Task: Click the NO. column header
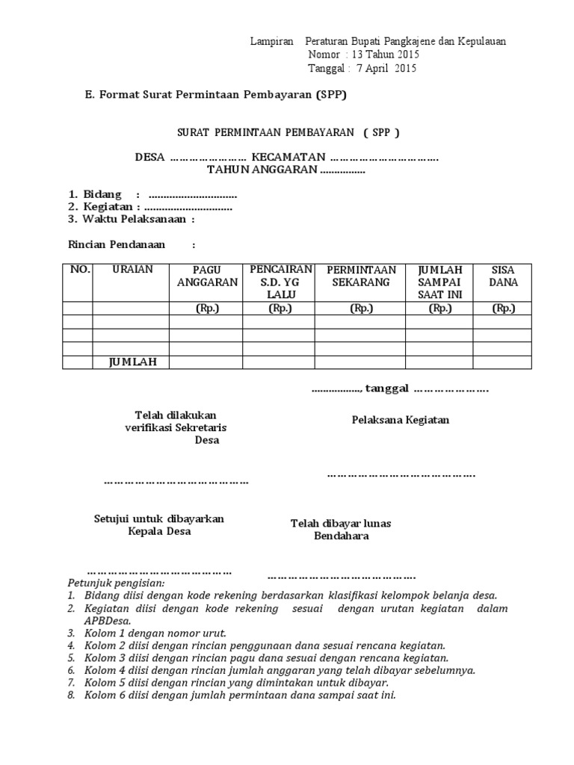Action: click(79, 270)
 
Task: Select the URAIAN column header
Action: click(130, 270)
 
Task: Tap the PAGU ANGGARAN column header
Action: click(207, 276)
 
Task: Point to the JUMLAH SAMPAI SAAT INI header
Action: click(440, 282)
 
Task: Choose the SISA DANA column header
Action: click(503, 276)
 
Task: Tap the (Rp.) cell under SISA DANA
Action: click(503, 308)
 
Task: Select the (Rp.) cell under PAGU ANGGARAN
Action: click(207, 308)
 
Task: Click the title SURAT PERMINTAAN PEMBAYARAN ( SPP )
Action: click(288, 132)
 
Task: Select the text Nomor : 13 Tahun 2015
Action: click(363, 55)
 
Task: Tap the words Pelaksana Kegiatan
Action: click(401, 420)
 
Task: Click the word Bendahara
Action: click(341, 536)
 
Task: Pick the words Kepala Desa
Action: click(159, 531)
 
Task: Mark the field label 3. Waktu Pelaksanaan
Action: click(131, 219)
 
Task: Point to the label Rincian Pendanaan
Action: click(116, 244)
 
